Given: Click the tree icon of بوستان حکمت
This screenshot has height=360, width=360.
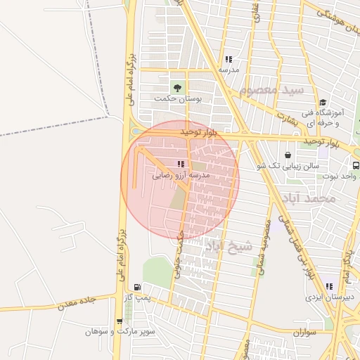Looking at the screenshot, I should pos(177,87).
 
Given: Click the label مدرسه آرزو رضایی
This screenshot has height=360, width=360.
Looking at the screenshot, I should pos(181,176).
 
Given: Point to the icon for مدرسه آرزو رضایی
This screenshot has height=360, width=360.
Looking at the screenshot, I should pos(181,164).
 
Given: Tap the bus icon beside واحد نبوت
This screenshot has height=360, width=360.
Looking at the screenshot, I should pos(356,165).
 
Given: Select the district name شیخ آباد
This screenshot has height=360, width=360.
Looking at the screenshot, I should pos(229,246).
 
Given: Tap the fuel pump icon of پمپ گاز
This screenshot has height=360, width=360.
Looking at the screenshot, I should pos(136,287).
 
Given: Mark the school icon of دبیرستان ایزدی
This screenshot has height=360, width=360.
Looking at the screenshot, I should pos(330,286).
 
